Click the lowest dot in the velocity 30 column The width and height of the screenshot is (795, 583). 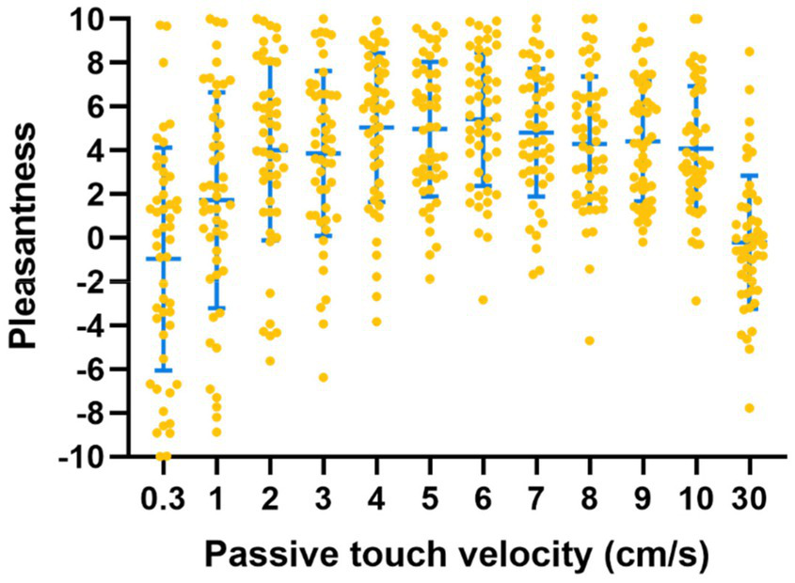point(750,408)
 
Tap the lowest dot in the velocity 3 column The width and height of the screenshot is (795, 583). point(323,377)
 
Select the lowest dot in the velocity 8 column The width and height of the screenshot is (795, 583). point(590,340)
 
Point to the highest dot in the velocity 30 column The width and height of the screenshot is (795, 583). point(750,52)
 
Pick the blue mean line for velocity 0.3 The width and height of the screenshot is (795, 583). point(164,259)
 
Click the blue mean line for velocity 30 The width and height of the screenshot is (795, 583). point(750,244)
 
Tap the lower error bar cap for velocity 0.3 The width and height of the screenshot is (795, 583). point(164,370)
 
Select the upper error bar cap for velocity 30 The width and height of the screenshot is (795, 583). point(750,176)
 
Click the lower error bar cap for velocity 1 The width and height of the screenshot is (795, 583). point(216,307)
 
